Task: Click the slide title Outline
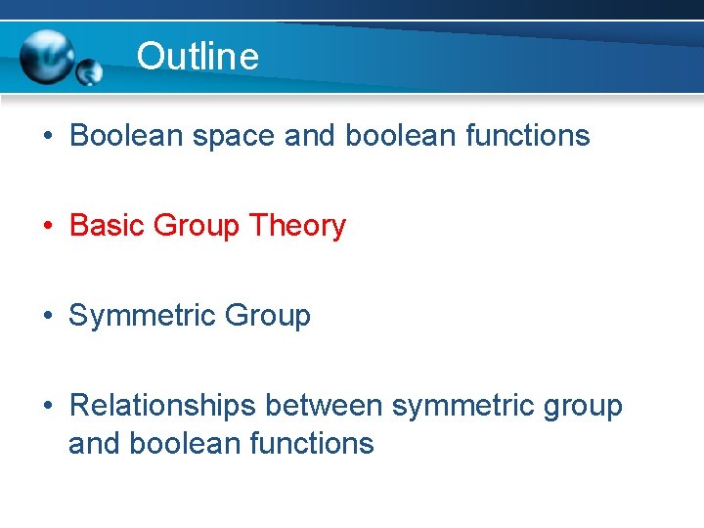click(198, 57)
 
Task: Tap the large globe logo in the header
click(47, 58)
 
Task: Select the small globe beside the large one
click(89, 71)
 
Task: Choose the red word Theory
click(297, 227)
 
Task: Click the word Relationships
click(163, 406)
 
